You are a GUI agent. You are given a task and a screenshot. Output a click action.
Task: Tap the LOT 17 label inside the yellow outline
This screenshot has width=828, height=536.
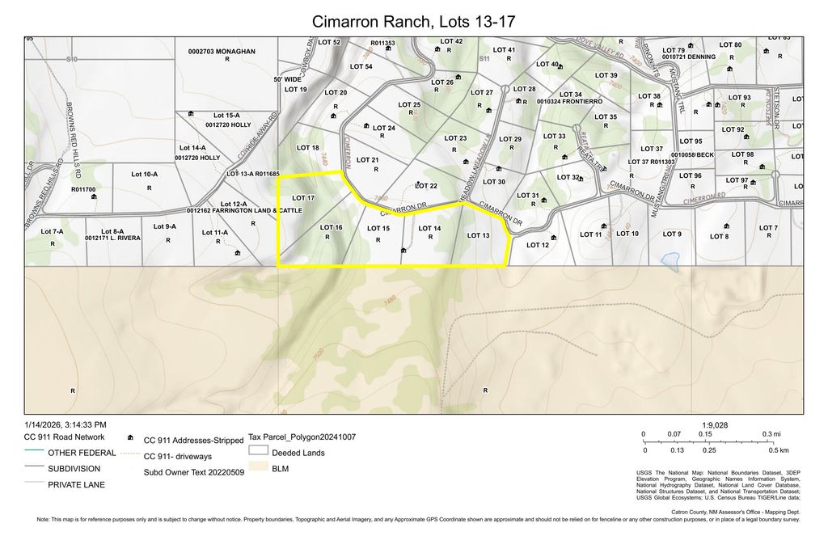coord(303,198)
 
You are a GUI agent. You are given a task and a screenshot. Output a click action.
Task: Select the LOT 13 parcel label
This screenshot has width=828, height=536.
coord(479,235)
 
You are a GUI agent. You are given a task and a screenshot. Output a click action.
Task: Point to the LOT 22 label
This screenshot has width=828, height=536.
coord(426,186)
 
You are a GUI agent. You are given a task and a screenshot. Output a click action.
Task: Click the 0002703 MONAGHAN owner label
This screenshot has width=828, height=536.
coord(222,52)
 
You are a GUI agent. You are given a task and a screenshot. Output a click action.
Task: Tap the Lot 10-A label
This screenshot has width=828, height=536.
coord(145,174)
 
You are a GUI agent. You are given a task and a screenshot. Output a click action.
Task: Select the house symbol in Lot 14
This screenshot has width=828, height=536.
coord(403,250)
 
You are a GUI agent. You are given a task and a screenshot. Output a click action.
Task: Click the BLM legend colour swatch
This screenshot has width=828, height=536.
coord(260,468)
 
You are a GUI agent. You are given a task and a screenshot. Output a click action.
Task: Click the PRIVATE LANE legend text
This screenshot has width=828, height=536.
coord(76,484)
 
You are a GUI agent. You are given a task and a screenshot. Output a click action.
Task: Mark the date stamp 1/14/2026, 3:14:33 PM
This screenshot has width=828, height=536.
coord(65,424)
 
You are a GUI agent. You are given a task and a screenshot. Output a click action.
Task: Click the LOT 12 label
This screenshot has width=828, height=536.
coord(538,245)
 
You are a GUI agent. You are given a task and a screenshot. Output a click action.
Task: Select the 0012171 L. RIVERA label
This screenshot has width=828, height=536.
coord(112,238)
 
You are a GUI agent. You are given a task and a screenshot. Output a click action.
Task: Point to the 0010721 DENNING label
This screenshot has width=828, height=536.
coord(689,57)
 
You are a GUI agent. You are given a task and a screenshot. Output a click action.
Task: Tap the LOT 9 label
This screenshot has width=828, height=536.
coord(672,234)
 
